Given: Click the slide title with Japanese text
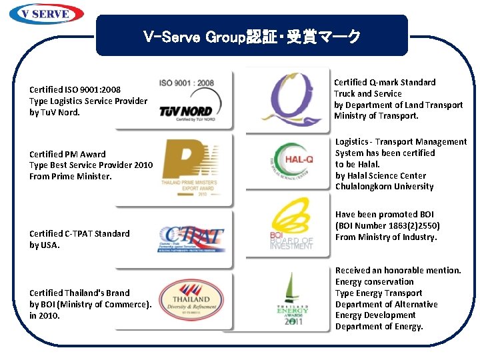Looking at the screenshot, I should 251,37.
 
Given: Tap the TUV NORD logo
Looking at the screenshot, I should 186,111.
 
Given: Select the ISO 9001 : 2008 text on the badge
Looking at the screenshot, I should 187,83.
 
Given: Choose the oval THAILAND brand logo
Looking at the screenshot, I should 191,300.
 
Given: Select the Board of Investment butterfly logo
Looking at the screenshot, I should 291,227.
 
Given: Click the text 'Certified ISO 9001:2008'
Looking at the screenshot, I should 75,89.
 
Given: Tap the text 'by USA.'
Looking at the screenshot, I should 45,245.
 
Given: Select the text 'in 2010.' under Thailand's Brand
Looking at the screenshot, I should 45,315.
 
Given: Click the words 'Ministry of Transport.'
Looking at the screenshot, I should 376,116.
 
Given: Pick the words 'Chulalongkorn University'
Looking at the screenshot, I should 384,187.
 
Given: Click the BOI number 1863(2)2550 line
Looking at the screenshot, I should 387,226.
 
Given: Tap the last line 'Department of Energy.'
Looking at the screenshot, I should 379,327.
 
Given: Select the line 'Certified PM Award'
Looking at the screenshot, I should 67,154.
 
